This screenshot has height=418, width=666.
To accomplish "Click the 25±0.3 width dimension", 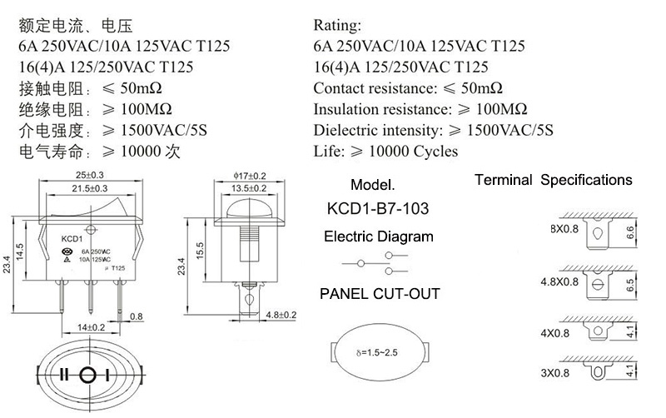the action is pos(90,175).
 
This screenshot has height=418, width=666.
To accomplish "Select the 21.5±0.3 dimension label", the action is pos(90,189).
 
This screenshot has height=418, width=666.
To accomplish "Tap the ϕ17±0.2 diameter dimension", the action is pos(250,176).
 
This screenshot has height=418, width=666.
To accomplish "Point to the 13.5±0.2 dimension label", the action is pos(249,188).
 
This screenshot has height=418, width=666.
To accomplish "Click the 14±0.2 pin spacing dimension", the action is pos(91,327).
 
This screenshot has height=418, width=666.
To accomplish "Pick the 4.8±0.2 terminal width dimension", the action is pos(281,315).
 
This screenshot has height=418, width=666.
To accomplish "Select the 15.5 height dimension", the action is pos(200,251).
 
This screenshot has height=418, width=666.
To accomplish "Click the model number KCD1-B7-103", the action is pos(378,208).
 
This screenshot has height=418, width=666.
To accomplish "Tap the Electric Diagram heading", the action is pos(379,236).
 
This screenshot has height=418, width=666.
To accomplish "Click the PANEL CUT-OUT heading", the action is pos(380,294).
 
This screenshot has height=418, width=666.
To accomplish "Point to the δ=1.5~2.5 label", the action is pos(377,352).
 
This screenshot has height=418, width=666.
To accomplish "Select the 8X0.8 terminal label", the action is pos(564,229).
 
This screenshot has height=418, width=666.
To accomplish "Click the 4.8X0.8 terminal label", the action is pos(559,282).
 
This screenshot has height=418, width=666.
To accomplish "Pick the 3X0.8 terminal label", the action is pos(554,373).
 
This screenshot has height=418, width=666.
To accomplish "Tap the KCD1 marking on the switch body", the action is pos(72,239).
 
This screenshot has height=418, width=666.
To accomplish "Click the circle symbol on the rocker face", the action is pos(87,375).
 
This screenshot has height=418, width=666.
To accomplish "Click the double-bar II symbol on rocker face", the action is pos(64,375).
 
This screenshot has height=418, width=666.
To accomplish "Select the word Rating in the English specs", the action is pos(337,26).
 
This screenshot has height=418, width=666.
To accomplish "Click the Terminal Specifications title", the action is pos(554,180).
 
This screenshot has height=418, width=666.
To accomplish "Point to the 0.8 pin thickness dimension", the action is pos(136,316).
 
